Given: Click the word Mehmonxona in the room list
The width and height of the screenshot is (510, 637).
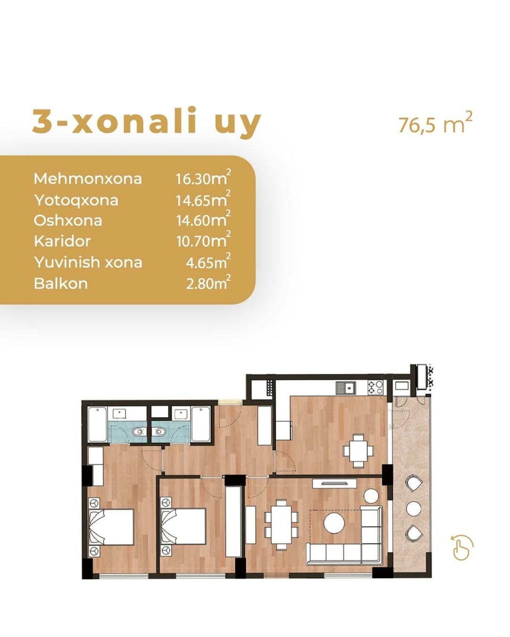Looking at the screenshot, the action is click(87, 178).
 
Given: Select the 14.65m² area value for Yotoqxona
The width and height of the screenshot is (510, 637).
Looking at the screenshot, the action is click(203, 199).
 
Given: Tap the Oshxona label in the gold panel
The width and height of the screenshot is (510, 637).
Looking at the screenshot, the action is click(68, 220).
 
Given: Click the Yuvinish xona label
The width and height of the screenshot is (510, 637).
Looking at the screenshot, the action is click(88, 262).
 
